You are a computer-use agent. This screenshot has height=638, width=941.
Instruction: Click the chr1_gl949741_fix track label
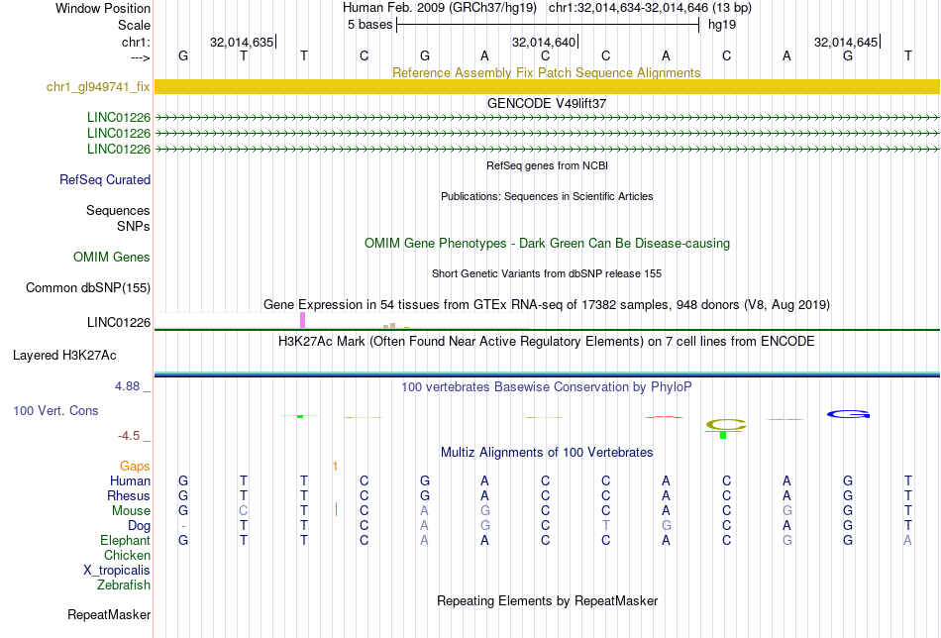[x=98, y=87]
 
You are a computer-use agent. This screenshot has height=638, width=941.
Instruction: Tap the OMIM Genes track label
[x=112, y=258]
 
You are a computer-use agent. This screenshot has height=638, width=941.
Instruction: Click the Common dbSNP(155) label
[x=88, y=288]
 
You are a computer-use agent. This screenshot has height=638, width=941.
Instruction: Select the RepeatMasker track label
[x=109, y=615]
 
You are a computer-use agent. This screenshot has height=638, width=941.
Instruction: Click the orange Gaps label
[x=135, y=466]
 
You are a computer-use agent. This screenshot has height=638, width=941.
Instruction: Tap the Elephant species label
[x=125, y=541]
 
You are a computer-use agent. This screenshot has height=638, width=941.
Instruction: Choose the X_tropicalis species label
[x=117, y=571]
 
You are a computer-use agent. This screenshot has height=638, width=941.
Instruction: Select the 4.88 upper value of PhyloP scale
[x=130, y=386]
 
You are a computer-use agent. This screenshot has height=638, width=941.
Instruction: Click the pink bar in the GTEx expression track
[x=302, y=320]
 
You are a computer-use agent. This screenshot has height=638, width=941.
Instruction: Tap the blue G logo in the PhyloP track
[x=849, y=413]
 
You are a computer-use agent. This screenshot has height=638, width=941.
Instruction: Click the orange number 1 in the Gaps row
[x=336, y=466]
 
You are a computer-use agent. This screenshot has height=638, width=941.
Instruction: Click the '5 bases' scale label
[x=369, y=24]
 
